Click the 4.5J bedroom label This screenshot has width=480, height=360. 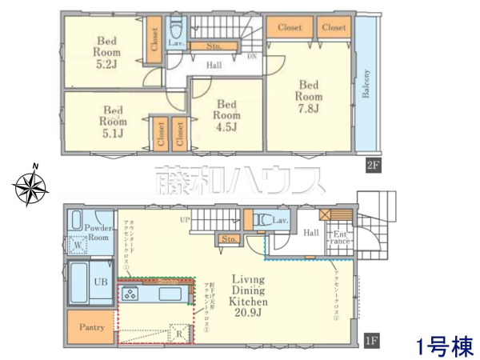tap(227, 114)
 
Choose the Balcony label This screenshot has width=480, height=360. tap(366, 84)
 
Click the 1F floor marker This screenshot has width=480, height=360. tap(370, 339)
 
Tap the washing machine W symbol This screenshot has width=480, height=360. tap(79, 246)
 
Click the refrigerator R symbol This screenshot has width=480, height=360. tap(180, 334)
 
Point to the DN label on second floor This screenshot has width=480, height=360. tap(251, 57)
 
